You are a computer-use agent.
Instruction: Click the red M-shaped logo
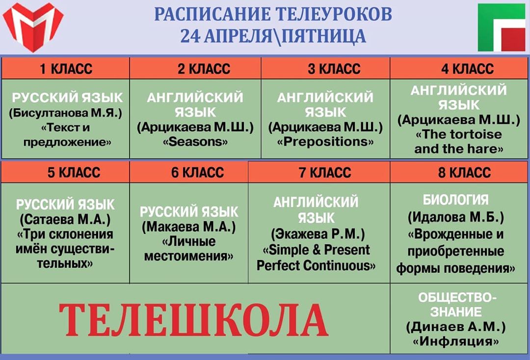coord(33,27)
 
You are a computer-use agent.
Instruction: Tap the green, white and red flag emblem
coord(502,27)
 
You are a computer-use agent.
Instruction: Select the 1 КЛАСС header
coord(66,69)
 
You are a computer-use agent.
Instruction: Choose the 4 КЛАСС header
coord(468,69)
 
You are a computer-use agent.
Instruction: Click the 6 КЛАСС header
coord(197,173)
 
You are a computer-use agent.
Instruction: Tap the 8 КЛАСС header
coord(464,173)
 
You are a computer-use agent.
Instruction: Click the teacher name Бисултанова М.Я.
coord(66,113)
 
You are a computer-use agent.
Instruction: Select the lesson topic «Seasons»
coord(195,142)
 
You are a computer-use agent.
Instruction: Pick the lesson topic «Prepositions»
coord(325,142)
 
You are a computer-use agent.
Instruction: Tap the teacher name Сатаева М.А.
coord(65,220)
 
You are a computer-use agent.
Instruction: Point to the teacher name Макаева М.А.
coord(188,227)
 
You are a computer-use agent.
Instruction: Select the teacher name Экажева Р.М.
coord(318,233)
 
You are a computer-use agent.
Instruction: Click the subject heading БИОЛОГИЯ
coord(455,200)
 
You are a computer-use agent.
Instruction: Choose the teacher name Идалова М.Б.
coord(455,217)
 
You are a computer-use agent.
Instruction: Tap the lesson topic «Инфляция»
coord(455,341)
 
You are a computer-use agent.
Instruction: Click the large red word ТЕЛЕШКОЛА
coord(194,320)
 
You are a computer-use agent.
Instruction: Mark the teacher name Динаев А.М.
coord(455,327)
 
